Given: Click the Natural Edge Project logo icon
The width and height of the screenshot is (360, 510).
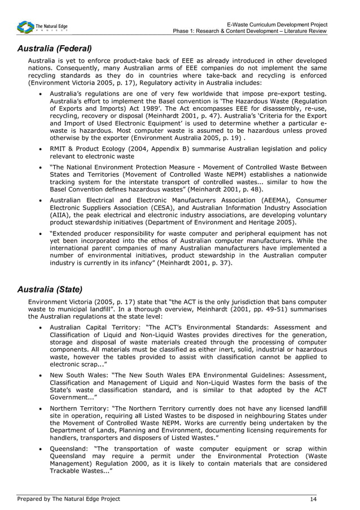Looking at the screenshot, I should tap(25, 27).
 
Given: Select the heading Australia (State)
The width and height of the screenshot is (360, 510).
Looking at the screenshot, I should tap(50, 290).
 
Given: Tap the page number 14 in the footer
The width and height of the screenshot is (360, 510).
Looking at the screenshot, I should tap(313, 499).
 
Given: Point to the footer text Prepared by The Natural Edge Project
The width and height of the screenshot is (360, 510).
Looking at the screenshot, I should tap(68, 499).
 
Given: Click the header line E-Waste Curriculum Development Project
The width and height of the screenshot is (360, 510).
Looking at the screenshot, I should tap(276, 25).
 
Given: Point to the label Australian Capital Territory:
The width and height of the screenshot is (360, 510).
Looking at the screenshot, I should tap(94, 327).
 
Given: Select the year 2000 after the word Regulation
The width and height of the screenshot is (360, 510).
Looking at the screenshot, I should tap(133, 463).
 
